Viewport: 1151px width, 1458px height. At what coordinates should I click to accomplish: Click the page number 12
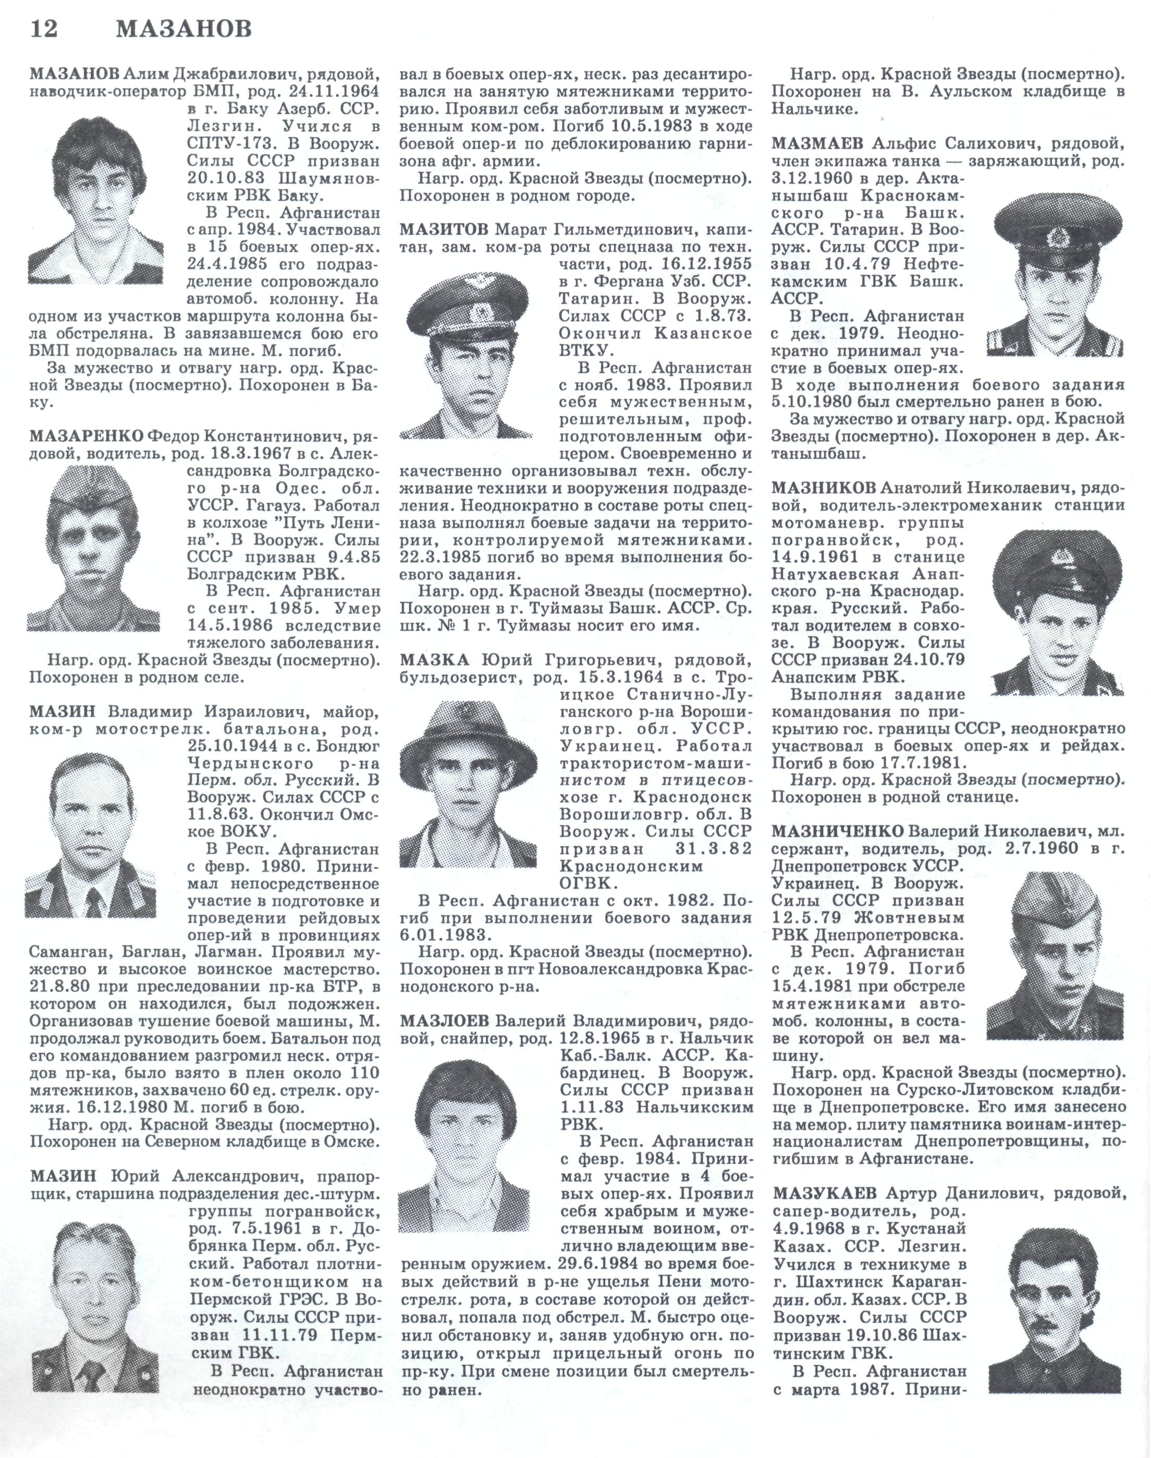(x=44, y=30)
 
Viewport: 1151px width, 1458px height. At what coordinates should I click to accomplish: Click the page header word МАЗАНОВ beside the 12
(x=184, y=30)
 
